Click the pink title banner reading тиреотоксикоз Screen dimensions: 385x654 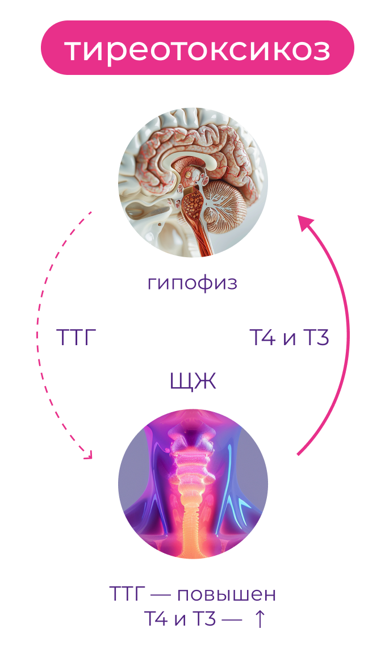(x=197, y=48)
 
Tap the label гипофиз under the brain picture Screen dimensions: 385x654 (x=192, y=282)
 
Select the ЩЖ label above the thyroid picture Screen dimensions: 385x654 (x=192, y=381)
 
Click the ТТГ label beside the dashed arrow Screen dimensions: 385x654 (x=76, y=338)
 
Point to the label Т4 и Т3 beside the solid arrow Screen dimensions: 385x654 (x=290, y=338)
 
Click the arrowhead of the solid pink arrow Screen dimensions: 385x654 (x=307, y=223)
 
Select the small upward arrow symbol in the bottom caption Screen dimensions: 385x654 (x=258, y=619)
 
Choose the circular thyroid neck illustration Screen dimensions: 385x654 (x=192, y=484)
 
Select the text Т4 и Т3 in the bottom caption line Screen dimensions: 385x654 (x=180, y=619)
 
